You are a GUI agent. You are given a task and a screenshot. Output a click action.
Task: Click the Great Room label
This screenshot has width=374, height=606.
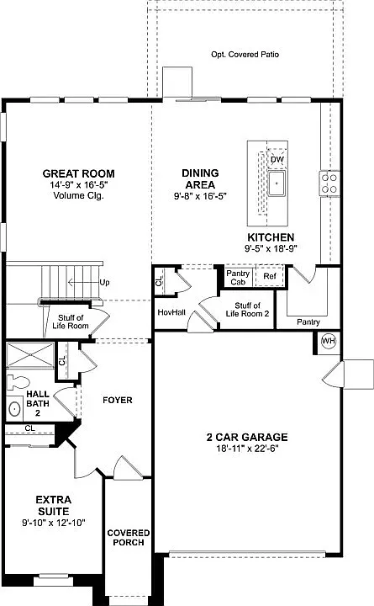tap(77, 173)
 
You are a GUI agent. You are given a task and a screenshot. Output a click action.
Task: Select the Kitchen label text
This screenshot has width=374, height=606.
tap(271, 237)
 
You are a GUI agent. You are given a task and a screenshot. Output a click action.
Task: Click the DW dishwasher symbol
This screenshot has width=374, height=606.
tap(277, 160)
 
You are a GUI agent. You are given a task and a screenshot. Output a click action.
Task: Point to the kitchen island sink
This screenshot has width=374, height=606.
tap(277, 181)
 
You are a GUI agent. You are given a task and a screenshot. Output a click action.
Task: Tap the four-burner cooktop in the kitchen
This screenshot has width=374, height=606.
tap(329, 183)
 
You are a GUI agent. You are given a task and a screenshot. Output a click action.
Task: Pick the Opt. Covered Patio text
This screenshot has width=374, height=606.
tap(245, 55)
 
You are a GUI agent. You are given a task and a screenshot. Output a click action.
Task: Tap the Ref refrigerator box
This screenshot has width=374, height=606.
tap(270, 276)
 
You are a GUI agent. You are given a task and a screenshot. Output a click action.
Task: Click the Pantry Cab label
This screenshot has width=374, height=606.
tap(238, 277)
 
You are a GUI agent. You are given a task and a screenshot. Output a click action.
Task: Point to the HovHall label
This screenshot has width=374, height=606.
tap(171, 312)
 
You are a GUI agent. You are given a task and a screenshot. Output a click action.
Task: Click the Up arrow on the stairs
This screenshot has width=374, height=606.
tap(94, 282)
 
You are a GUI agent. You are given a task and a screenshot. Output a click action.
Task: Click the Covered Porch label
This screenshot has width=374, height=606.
tap(128, 538)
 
